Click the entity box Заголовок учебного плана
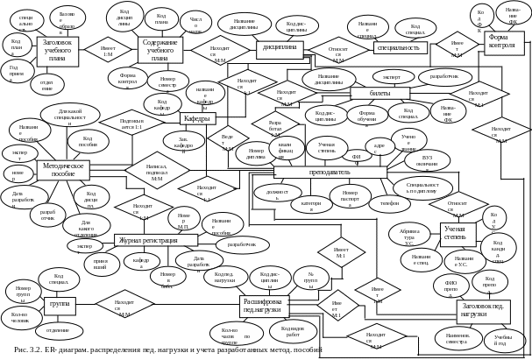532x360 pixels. (59, 50)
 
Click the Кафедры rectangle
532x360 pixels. (198, 118)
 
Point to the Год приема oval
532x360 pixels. (16, 71)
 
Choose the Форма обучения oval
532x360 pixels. (361, 115)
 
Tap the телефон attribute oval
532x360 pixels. (390, 201)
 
